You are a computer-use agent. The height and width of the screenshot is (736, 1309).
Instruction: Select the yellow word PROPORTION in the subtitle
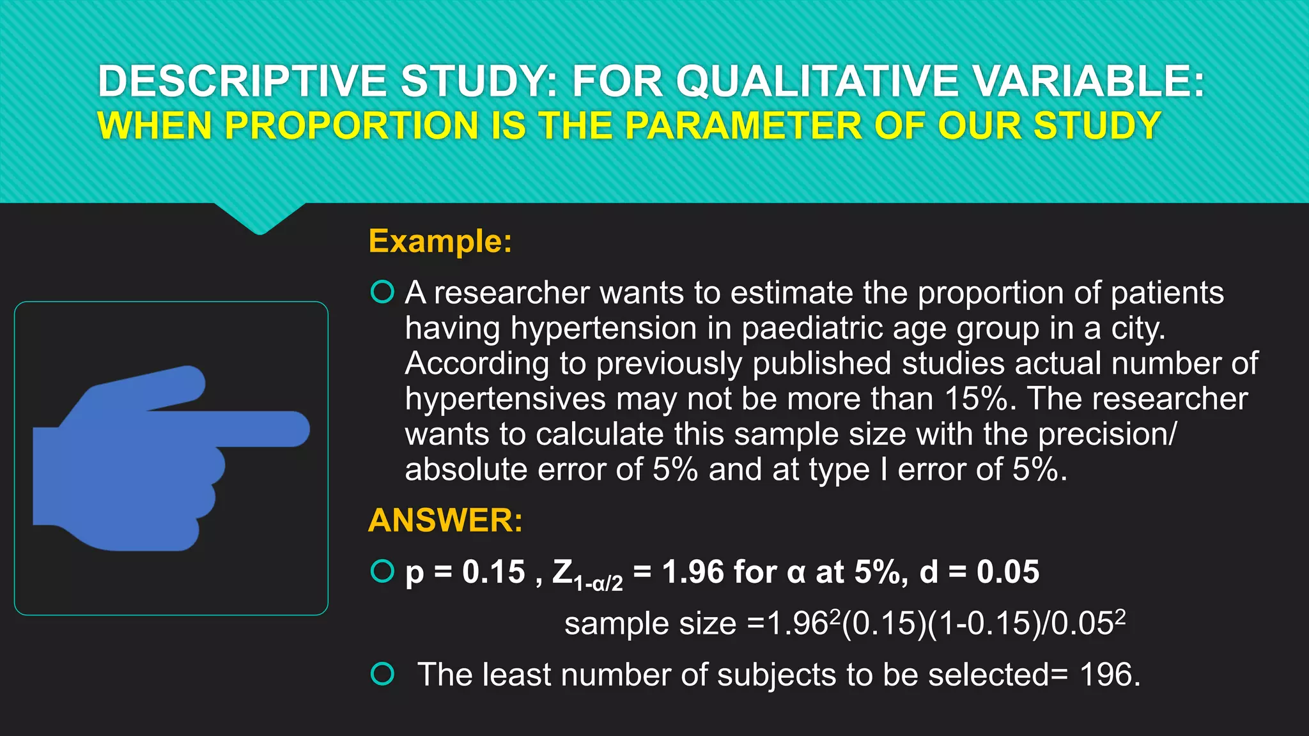tap(352, 125)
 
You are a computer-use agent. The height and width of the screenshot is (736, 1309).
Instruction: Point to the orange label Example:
tap(440, 241)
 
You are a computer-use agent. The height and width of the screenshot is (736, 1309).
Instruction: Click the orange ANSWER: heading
tap(445, 520)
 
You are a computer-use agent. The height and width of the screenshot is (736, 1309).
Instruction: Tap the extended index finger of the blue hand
tap(256, 429)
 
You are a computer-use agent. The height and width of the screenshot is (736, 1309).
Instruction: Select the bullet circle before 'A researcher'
tap(382, 292)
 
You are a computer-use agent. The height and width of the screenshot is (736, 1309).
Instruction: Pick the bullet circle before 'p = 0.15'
tap(382, 571)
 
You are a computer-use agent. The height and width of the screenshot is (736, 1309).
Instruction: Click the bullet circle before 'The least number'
tap(382, 674)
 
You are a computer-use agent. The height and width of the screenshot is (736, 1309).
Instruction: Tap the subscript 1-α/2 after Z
tap(598, 583)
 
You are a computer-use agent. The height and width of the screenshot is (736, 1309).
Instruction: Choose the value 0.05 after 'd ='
tap(1007, 571)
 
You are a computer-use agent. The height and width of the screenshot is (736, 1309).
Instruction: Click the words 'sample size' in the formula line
tap(650, 624)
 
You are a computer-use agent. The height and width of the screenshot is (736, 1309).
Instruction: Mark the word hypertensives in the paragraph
tap(505, 399)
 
